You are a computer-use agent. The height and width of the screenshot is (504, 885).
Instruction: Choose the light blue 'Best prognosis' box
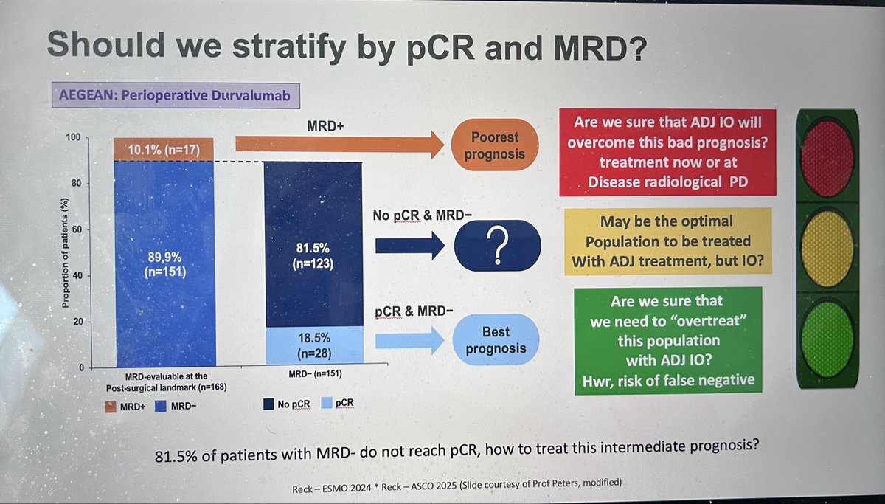(x=497, y=339)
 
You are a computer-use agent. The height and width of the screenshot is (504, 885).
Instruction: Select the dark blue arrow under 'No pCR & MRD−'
(x=405, y=244)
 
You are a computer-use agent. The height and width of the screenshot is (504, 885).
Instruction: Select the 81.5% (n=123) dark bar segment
(x=313, y=244)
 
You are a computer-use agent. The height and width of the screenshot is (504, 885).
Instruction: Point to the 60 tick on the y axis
(x=75, y=230)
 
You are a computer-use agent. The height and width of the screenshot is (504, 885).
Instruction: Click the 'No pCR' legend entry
(x=288, y=404)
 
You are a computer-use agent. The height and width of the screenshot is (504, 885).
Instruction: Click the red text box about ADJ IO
(x=667, y=153)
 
